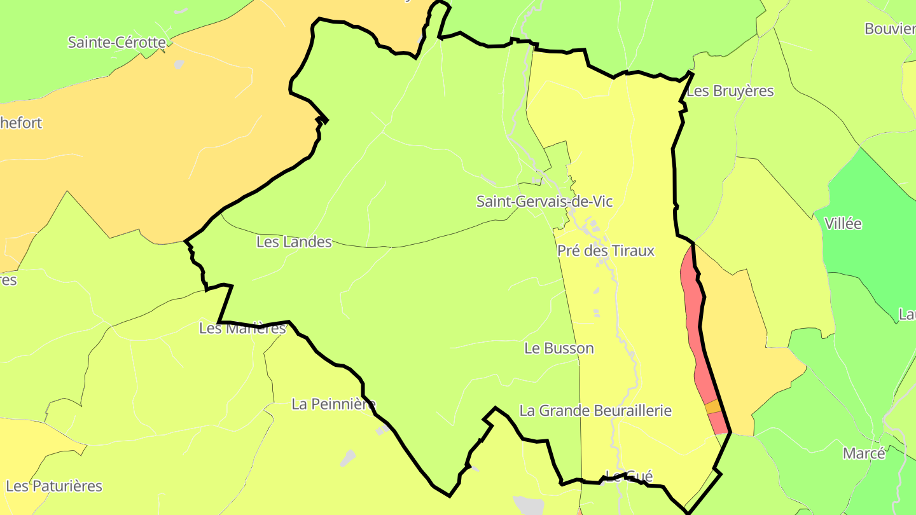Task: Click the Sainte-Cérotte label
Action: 116,43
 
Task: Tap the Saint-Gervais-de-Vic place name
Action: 545,202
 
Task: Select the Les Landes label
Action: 294,242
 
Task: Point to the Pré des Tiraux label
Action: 606,251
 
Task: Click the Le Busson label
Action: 559,348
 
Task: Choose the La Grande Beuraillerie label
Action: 595,410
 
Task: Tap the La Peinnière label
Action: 333,404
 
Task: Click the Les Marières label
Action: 242,328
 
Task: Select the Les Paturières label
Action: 54,486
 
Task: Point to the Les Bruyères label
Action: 730,91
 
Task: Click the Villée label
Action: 843,223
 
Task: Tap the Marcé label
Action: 863,453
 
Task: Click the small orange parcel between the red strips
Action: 712,407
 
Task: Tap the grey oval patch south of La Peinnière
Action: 348,457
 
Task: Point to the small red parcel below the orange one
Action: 718,423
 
